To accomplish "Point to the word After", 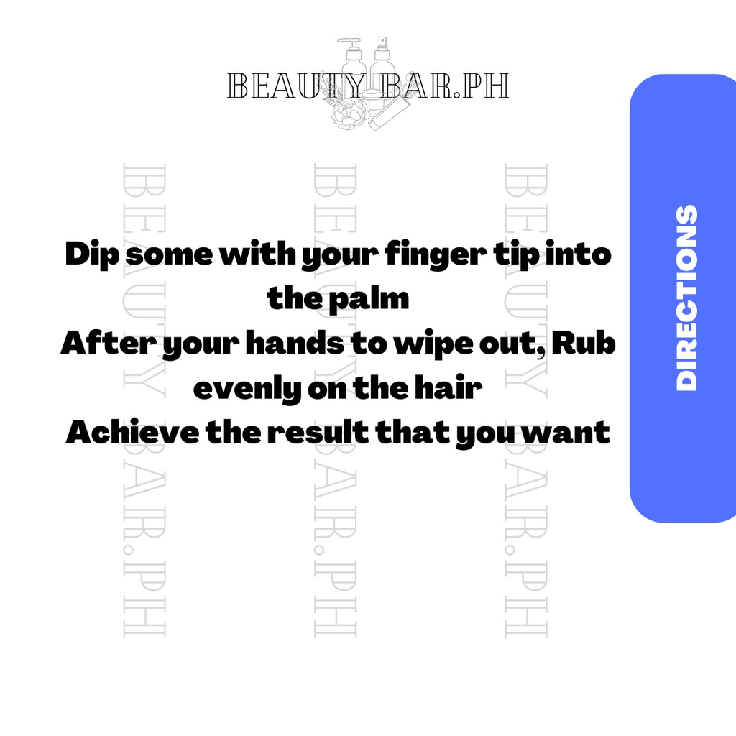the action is tap(108, 342).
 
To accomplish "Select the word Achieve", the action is tap(132, 432).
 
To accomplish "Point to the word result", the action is tap(318, 432).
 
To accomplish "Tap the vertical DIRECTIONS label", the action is tap(686, 298).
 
